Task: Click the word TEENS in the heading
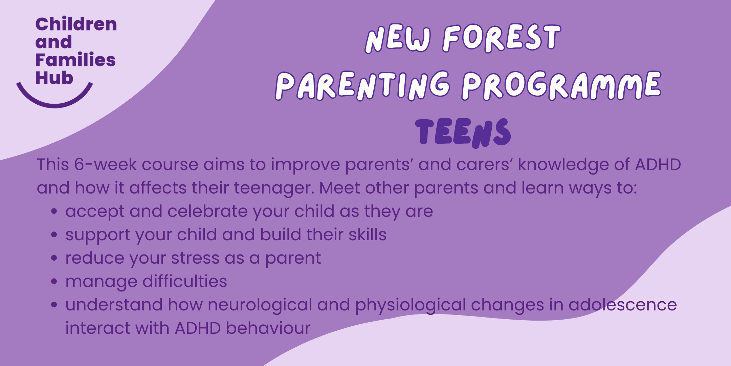coord(463,133)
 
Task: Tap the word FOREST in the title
coord(502,38)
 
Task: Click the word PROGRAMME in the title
coord(561,85)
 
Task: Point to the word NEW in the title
coord(398,39)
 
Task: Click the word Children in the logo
coord(76,24)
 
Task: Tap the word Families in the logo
coord(75,60)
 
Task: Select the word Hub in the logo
coord(54,78)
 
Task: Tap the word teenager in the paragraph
coord(274,188)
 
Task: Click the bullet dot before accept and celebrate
coord(54,211)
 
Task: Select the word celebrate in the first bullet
coord(207,211)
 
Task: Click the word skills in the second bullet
coord(367,235)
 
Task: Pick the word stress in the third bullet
coord(195,258)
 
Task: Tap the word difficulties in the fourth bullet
coord(184,282)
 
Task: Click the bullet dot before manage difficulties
coord(54,282)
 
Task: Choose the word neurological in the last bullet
coord(260,305)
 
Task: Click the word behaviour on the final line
coord(268,328)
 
